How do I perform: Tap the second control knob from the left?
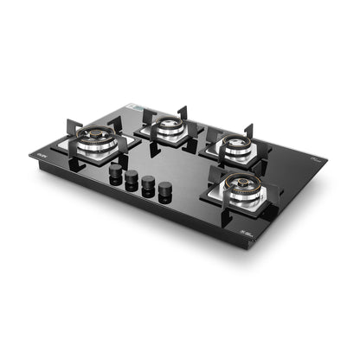point(132,177)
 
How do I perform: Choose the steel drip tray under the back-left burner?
point(165,138)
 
